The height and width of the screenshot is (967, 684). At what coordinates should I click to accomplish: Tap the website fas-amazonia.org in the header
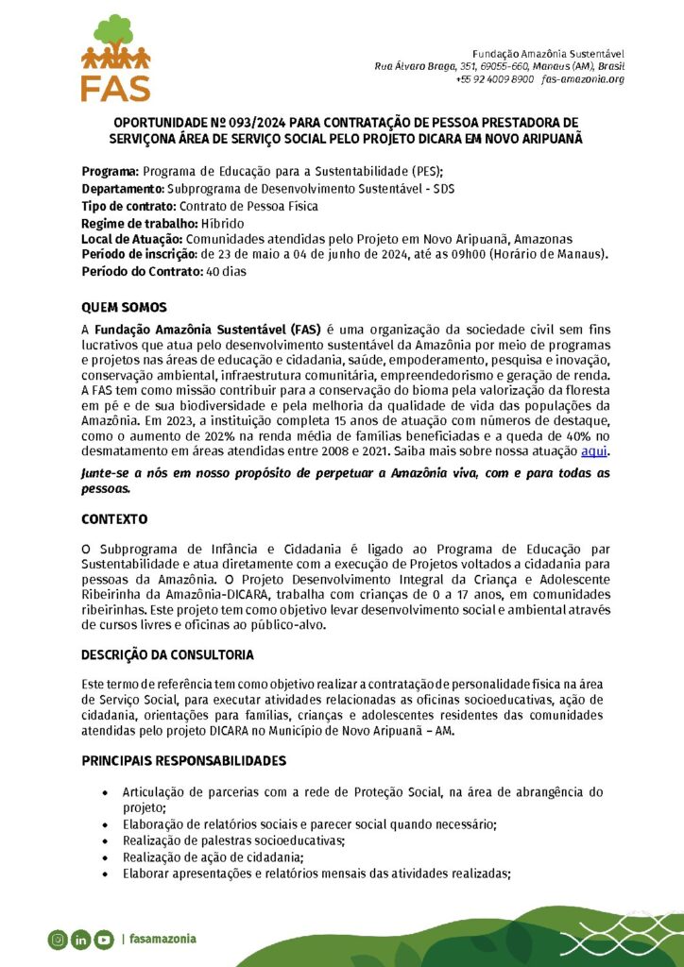pyautogui.click(x=583, y=79)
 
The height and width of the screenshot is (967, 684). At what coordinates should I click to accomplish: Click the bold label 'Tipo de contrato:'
pyautogui.click(x=128, y=205)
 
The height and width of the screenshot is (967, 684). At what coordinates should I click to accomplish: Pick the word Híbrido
pyautogui.click(x=222, y=223)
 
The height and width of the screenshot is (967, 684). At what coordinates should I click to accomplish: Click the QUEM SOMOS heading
pyautogui.click(x=124, y=307)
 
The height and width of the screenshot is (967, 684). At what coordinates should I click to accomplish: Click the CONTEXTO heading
pyautogui.click(x=114, y=519)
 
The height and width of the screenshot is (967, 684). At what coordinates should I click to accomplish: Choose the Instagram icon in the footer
pyautogui.click(x=58, y=939)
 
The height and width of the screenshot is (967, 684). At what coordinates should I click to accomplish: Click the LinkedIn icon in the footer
pyautogui.click(x=80, y=939)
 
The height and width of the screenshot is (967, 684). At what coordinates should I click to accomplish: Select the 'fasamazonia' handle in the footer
pyautogui.click(x=163, y=939)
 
